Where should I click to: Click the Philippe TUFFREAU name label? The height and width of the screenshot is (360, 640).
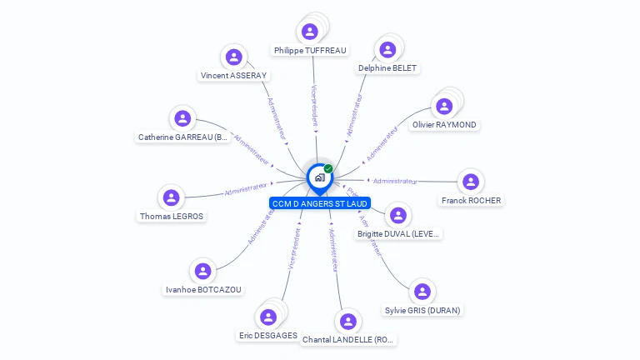click(x=310, y=51)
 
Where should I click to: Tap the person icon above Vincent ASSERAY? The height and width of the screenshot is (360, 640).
click(x=234, y=57)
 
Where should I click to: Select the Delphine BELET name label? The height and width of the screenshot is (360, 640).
click(x=387, y=68)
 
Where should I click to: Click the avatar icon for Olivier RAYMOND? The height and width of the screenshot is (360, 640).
click(x=444, y=107)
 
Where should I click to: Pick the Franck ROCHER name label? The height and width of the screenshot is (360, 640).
click(x=471, y=201)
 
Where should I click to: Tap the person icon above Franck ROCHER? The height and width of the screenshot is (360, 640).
click(x=471, y=182)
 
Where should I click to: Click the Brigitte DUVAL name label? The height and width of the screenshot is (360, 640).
click(x=398, y=235)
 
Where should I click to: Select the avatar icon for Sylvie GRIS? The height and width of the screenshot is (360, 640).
click(x=422, y=292)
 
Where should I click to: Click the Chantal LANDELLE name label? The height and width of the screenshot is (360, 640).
click(x=349, y=340)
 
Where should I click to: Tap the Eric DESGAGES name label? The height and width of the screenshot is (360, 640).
click(x=267, y=336)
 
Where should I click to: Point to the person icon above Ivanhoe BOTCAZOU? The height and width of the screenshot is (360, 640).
click(x=202, y=272)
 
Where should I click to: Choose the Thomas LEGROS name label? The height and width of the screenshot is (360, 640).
click(x=172, y=217)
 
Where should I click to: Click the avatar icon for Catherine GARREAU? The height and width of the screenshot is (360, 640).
click(x=182, y=118)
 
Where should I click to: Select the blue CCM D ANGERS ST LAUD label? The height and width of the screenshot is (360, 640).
click(x=320, y=203)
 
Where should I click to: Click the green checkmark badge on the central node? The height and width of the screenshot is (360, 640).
click(x=328, y=169)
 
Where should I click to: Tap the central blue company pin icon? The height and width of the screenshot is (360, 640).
click(x=319, y=177)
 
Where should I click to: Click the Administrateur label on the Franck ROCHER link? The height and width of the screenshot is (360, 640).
click(x=394, y=181)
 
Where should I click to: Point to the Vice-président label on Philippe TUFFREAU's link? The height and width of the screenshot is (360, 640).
click(x=314, y=105)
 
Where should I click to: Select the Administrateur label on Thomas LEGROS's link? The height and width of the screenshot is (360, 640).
click(x=247, y=190)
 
